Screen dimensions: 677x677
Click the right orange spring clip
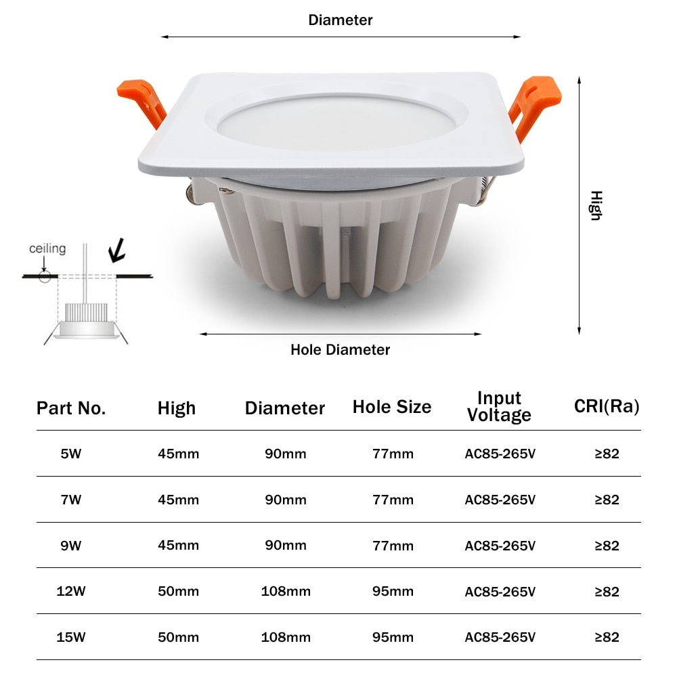coord(535,104)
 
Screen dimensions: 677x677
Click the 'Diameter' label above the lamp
coord(341,20)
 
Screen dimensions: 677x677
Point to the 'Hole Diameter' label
coord(341,350)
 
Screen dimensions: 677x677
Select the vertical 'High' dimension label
coord(595,205)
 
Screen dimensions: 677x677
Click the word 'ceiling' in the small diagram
coord(47,248)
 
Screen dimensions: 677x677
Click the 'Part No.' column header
coord(71,408)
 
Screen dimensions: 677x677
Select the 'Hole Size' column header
coord(392,407)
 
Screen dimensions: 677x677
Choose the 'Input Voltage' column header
coord(500,406)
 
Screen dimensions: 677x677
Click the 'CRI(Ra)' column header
coord(607,406)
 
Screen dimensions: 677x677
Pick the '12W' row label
coord(71,592)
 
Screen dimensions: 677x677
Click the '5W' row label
coord(71,454)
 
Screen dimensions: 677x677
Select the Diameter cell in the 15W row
coord(286,637)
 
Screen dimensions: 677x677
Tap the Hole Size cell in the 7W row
coord(393,500)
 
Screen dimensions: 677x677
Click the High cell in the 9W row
coord(178,546)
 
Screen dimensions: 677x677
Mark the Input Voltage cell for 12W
coord(500,592)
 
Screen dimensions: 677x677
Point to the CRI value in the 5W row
coord(607,454)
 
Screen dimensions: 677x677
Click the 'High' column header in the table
coord(177,408)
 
